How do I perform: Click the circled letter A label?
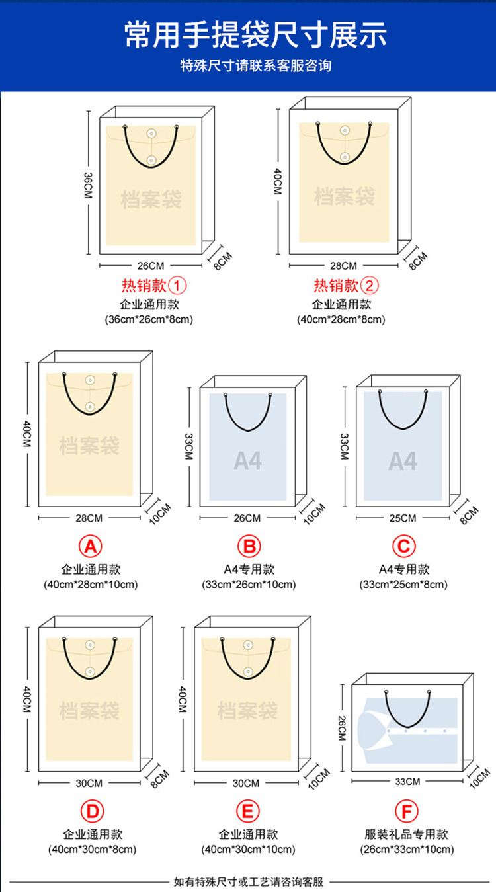click(91, 546)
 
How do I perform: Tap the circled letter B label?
click(249, 546)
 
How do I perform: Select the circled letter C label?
click(403, 546)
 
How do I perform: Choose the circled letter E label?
click(248, 811)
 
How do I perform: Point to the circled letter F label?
click(406, 811)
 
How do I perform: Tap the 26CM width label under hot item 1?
click(150, 266)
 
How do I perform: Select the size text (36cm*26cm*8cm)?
click(149, 319)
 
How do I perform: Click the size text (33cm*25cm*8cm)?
click(403, 585)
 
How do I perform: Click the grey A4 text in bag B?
click(248, 461)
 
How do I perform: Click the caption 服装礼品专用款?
click(406, 834)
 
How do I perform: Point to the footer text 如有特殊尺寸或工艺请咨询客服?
click(248, 881)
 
